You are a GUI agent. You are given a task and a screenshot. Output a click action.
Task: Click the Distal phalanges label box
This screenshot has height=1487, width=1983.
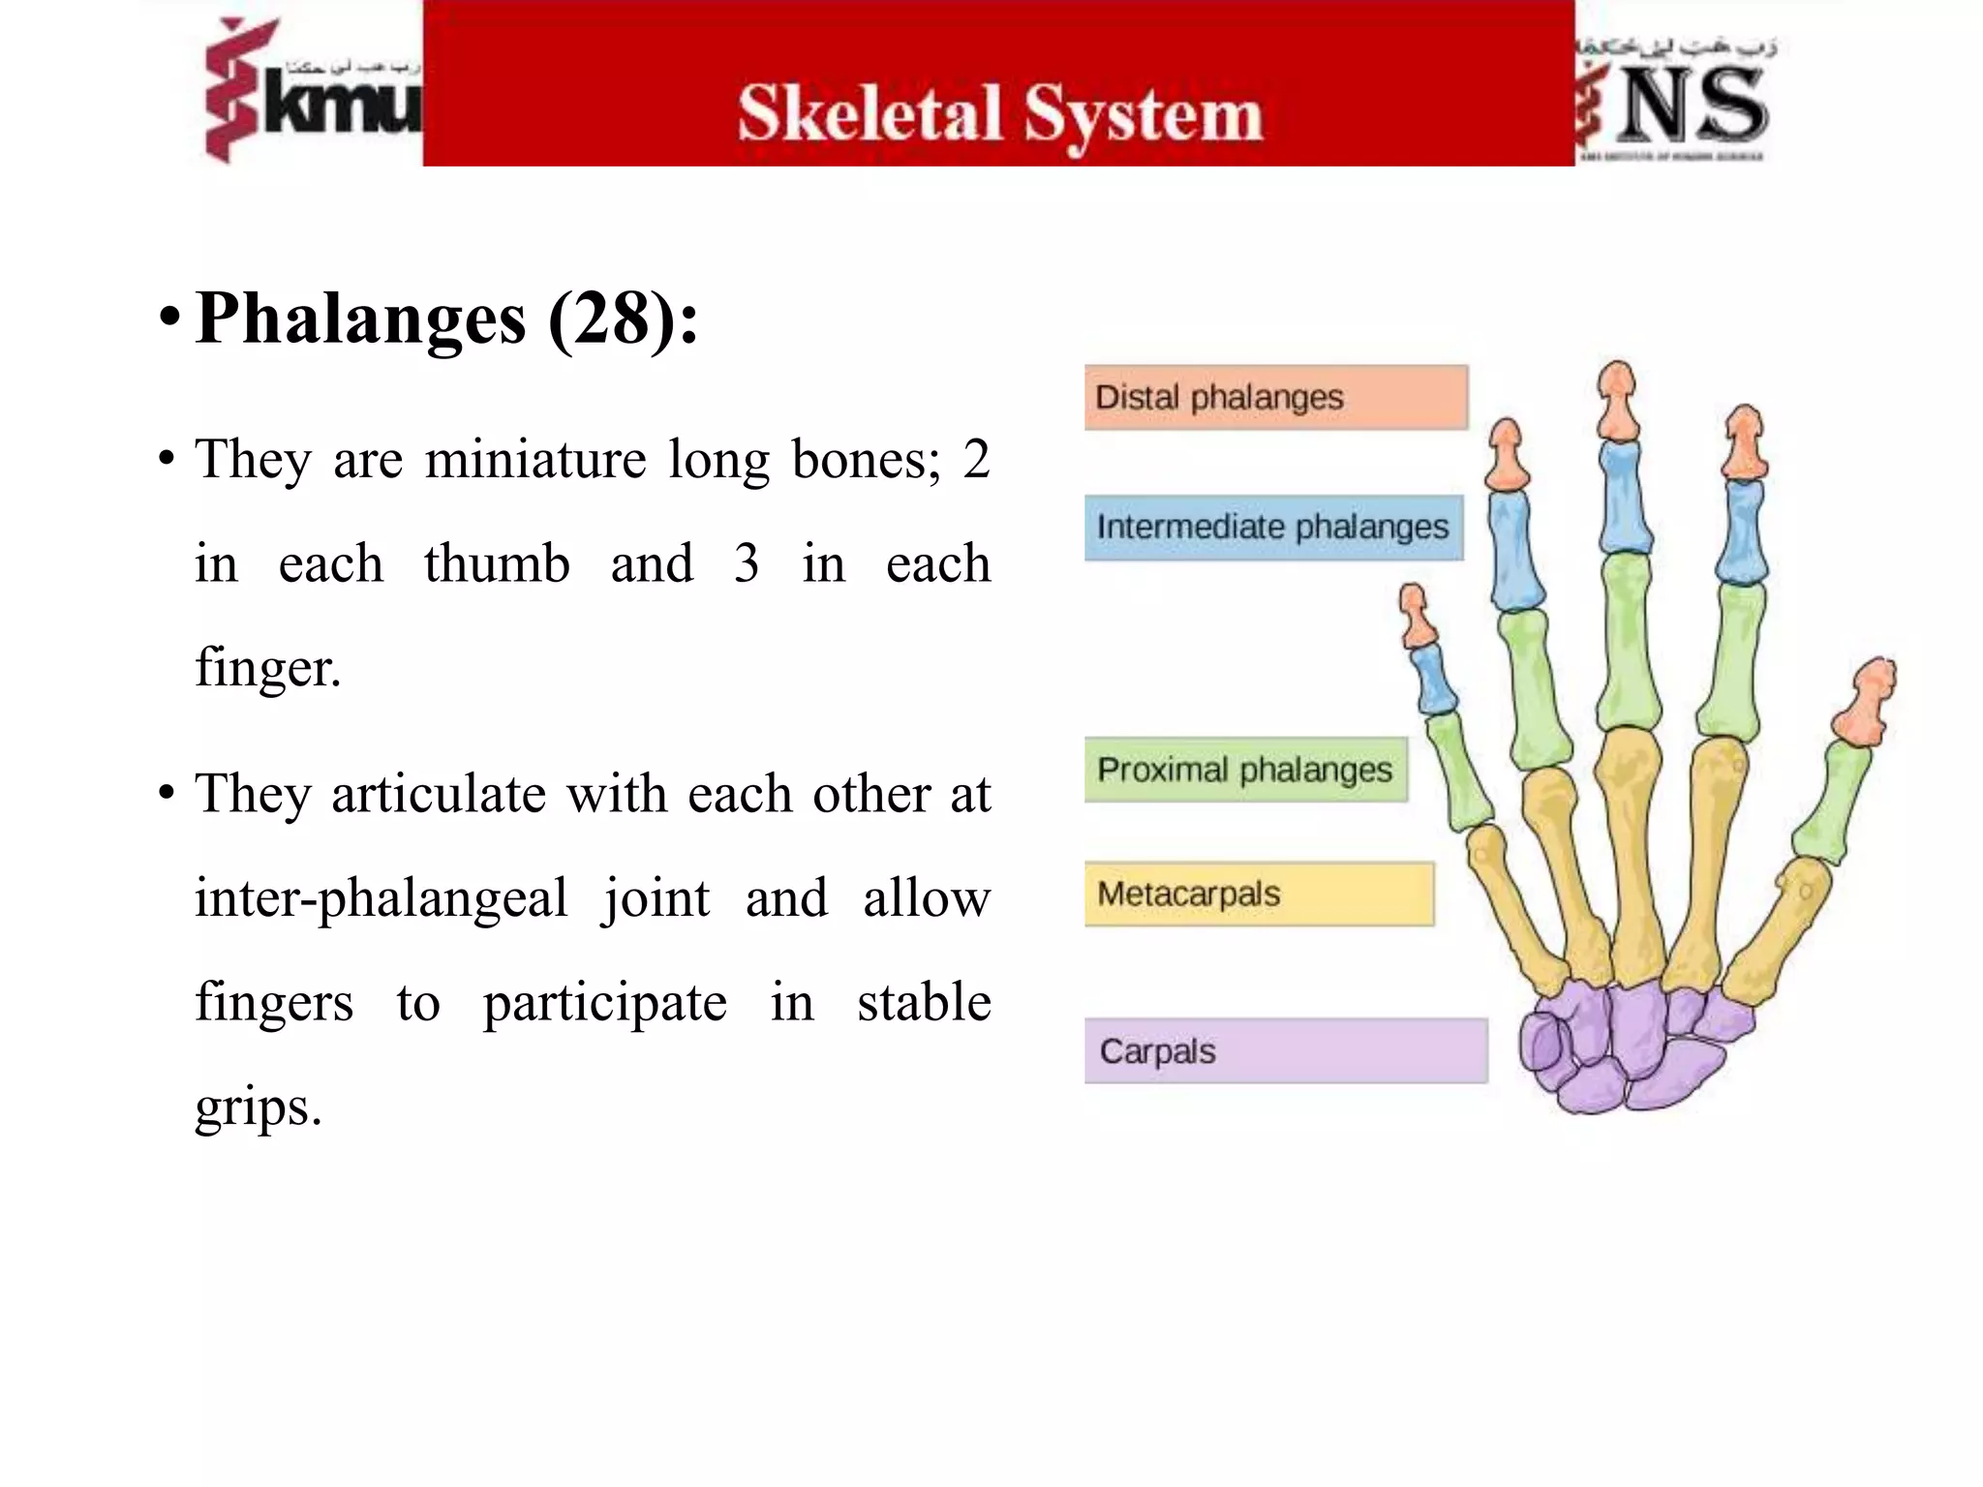1275,397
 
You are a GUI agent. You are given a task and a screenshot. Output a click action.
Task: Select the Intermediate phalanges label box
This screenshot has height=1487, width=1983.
1273,528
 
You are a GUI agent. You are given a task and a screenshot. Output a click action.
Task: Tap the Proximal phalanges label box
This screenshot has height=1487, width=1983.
1245,770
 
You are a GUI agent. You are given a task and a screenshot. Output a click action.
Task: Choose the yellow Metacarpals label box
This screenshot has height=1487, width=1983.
1259,894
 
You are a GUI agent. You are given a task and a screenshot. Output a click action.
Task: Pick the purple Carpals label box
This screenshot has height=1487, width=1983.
1285,1050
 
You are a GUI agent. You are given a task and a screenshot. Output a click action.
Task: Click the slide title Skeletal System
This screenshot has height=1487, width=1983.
1000,114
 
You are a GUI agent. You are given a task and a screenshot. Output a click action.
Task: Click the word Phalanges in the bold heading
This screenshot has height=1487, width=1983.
361,319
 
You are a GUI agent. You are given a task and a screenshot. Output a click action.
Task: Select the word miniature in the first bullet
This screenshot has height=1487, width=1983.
535,460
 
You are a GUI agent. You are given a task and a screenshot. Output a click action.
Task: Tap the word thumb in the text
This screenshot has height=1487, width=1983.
497,564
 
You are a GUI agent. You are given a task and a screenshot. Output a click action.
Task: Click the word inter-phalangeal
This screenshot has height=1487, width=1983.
381,898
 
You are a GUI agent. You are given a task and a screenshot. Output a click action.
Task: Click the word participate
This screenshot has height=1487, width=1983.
605,1003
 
